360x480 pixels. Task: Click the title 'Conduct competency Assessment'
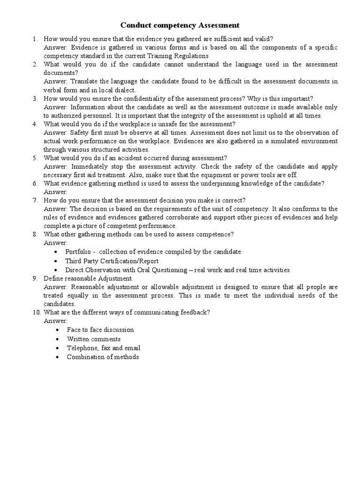(x=180, y=25)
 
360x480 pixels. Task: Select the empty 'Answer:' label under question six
(x=56, y=192)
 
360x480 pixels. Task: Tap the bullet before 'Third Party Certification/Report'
(x=57, y=261)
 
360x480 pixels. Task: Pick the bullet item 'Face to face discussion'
(x=100, y=330)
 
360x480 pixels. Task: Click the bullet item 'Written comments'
(x=94, y=339)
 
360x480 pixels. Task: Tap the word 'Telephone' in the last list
(x=82, y=348)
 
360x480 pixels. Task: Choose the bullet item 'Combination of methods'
(x=103, y=357)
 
